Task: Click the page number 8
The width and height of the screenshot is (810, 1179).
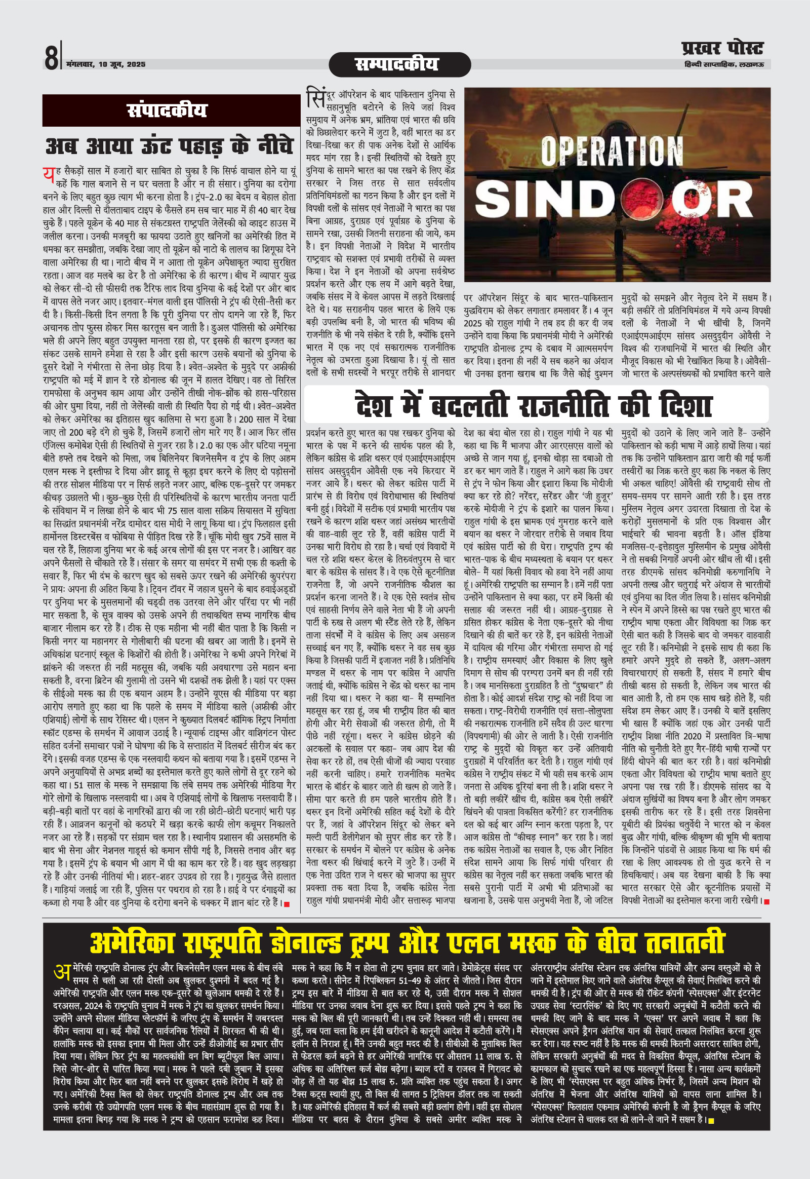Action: point(52,56)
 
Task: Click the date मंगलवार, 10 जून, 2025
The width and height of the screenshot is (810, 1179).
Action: point(106,64)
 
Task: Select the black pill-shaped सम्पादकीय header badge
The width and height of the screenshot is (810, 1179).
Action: point(399,64)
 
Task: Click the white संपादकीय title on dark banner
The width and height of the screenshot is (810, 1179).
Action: point(167,111)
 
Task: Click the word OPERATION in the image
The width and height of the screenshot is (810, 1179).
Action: point(611,151)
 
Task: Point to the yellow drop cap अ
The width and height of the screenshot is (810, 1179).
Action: point(61,972)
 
